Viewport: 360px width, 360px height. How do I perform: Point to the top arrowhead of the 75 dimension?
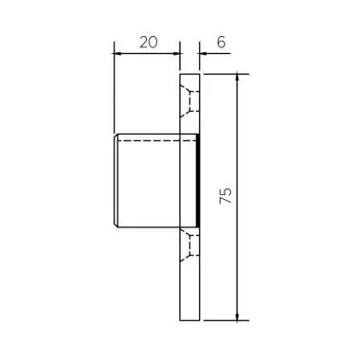click(x=237, y=79)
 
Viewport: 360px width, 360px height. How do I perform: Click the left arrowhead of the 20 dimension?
click(x=117, y=52)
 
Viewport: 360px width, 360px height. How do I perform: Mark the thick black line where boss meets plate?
click(x=198, y=181)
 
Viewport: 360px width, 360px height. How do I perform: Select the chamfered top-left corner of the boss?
click(x=116, y=137)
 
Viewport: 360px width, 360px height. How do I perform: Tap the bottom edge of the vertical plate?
click(x=189, y=320)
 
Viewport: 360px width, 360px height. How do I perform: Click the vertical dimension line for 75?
click(x=237, y=142)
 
